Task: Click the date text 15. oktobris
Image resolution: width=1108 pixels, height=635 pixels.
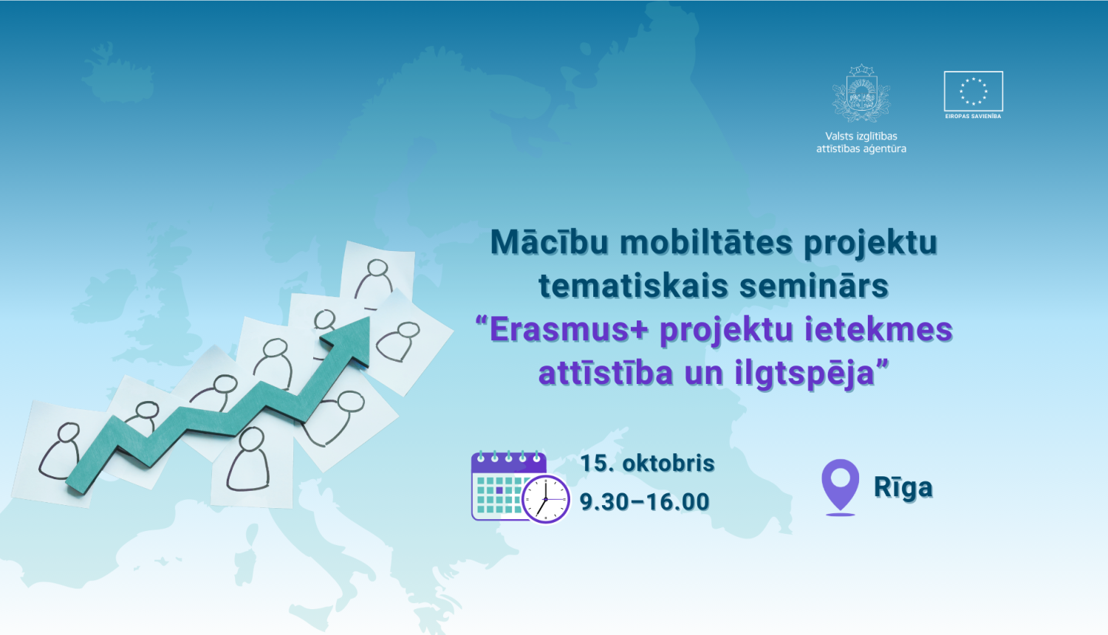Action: pos(647,463)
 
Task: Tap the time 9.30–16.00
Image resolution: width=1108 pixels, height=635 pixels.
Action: pos(644,502)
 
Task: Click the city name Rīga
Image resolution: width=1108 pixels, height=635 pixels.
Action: pos(903,487)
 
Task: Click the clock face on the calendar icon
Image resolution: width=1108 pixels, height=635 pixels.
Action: pos(546,499)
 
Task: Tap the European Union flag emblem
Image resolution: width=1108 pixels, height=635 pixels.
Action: pos(973,91)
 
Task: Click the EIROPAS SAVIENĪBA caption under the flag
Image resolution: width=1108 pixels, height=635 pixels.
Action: pos(973,116)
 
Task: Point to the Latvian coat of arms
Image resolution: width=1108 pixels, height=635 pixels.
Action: pos(861,94)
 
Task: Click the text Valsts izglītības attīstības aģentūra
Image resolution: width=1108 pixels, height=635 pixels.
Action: pos(861,143)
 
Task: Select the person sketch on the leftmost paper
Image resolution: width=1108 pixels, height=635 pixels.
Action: pos(62,450)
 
